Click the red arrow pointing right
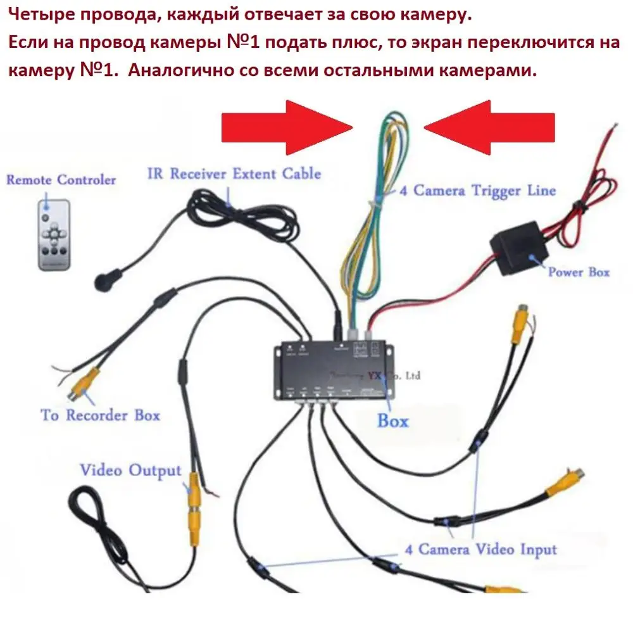[x=285, y=130]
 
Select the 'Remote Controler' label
[x=61, y=180]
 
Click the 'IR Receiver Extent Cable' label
[x=234, y=173]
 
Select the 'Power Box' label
[x=579, y=272]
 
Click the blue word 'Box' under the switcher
[x=393, y=420]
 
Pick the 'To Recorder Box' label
[x=100, y=415]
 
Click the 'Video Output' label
[x=130, y=470]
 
